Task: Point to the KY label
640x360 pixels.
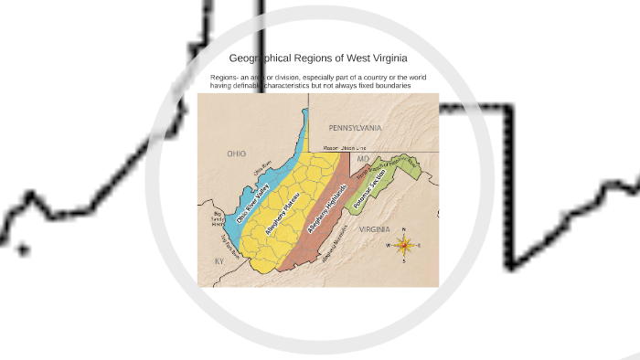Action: (219, 261)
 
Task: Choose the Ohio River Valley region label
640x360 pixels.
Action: (253, 206)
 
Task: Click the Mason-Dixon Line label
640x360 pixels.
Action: (345, 147)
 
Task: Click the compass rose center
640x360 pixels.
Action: (404, 245)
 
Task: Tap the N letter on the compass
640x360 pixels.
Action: (404, 230)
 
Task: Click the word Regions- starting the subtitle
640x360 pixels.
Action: (223, 78)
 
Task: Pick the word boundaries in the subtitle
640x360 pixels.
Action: (390, 86)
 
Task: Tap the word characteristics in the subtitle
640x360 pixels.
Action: (292, 86)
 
